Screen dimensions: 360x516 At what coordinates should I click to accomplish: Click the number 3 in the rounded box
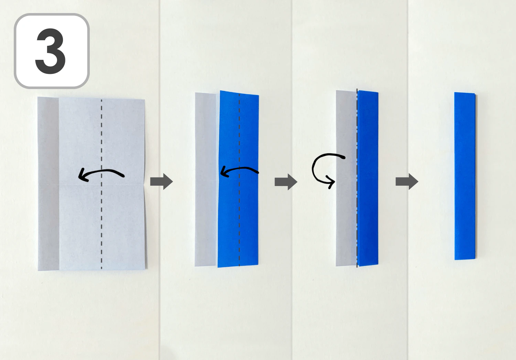coord(51,51)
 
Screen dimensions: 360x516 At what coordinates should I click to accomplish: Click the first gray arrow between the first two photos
coord(161,181)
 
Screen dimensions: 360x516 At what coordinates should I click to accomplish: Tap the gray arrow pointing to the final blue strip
coord(407,181)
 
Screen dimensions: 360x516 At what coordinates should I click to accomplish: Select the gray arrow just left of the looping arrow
coord(286,182)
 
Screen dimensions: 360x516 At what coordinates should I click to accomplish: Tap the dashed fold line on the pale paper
coord(101,223)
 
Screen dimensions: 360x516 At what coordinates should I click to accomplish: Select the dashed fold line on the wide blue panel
coord(239,223)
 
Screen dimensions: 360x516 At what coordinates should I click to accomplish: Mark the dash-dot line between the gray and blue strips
coord(357,223)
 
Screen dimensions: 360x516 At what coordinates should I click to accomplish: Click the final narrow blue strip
coord(465,175)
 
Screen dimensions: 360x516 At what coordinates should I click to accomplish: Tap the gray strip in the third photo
coord(346,213)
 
